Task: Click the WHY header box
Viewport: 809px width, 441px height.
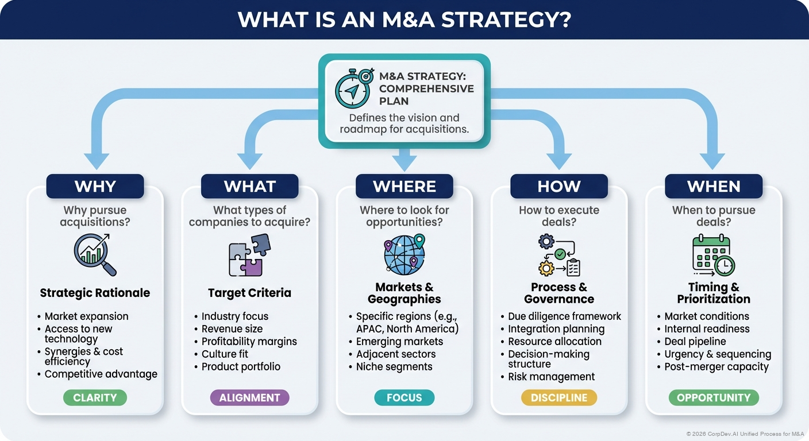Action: pos(95,187)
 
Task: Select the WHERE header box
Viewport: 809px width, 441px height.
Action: pos(404,187)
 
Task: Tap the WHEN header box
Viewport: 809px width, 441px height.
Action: pos(713,187)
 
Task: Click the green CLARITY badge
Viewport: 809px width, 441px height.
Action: pos(95,397)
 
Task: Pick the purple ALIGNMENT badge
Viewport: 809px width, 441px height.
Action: pos(249,397)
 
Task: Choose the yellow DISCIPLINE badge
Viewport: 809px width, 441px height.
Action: pos(559,397)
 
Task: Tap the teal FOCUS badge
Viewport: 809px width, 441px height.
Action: pos(404,397)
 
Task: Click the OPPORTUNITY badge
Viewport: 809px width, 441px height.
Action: pos(714,397)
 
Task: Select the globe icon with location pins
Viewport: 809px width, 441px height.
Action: pos(404,254)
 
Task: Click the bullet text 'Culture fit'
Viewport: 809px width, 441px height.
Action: pos(225,354)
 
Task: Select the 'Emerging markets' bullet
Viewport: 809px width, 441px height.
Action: pos(399,342)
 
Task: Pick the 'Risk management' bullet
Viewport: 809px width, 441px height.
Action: pos(551,377)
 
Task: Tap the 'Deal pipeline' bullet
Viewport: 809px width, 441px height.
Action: pos(695,342)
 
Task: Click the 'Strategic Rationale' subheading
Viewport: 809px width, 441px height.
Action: pos(95,293)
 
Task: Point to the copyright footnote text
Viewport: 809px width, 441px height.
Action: pos(744,434)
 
